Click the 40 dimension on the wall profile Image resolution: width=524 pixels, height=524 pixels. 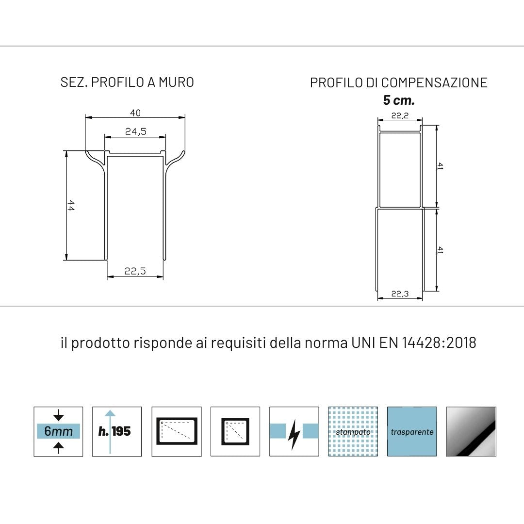[135, 113]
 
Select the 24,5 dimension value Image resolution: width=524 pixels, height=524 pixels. [135, 131]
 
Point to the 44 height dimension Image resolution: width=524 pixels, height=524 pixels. [71, 205]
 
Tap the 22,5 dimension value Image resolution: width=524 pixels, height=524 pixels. [135, 272]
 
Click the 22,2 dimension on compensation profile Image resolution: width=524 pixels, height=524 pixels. [400, 115]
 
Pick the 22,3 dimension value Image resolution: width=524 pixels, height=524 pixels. [400, 294]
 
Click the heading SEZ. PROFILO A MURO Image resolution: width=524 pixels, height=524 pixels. [127, 82]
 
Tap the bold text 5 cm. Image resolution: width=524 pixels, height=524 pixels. [399, 100]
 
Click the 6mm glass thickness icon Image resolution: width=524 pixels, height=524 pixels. [58, 431]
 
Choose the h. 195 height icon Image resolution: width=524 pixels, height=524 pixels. [117, 431]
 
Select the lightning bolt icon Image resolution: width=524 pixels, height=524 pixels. [294, 431]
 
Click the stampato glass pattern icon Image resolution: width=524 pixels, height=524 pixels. [353, 431]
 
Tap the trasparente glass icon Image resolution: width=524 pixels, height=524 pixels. [412, 431]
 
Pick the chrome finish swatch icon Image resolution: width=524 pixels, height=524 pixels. [471, 431]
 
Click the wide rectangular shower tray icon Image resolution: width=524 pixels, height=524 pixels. [177, 431]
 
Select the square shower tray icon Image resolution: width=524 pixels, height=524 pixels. [235, 431]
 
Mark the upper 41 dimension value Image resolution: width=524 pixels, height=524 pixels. [440, 166]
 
